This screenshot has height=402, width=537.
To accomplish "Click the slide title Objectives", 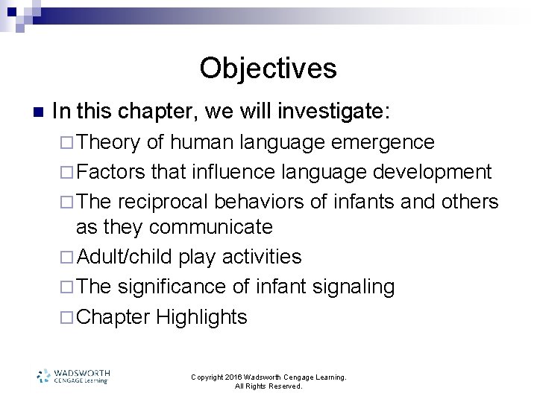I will tap(268, 68).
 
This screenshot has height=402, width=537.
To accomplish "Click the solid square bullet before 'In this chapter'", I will tap(38, 112).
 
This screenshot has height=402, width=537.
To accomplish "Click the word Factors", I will tap(111, 172).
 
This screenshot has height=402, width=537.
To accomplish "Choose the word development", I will tap(433, 172).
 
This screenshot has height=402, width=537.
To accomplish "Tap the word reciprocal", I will tap(163, 202).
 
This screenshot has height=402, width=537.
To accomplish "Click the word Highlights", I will tap(201, 317).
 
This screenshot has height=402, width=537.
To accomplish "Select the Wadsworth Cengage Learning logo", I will tap(74, 376).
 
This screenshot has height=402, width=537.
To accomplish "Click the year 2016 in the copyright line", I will tap(239, 377).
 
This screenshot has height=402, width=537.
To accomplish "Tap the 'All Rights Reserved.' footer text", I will tap(268, 386).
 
